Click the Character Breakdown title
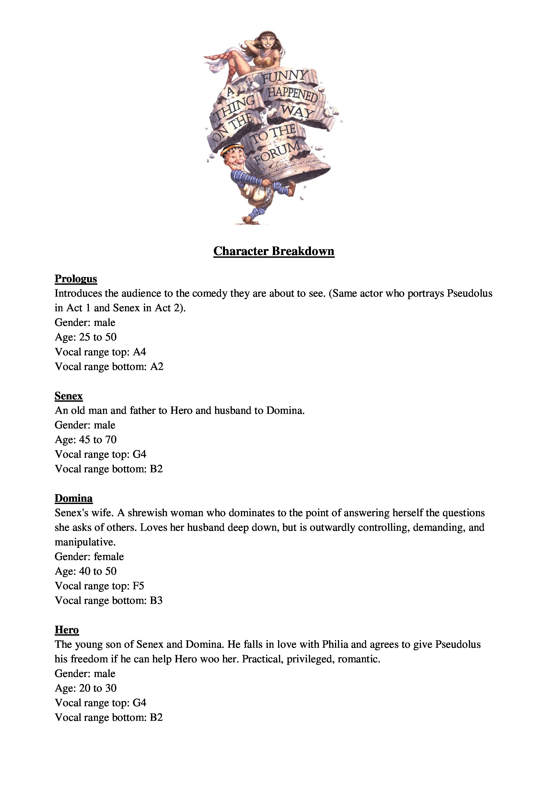tap(274, 251)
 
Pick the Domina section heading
tap(74, 498)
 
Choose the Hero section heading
tap(67, 630)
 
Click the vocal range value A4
tap(139, 352)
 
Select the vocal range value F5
tap(138, 586)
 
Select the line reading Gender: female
tap(89, 557)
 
